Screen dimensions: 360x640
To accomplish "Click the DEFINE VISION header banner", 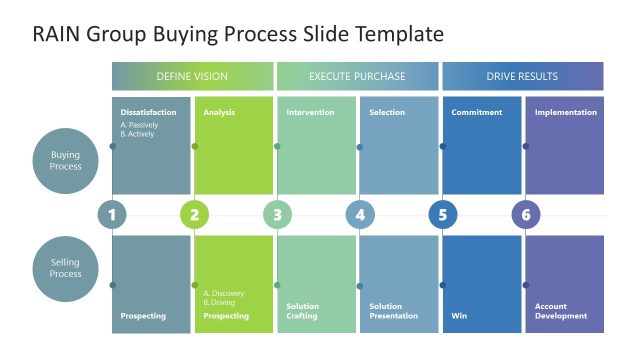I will [192, 76].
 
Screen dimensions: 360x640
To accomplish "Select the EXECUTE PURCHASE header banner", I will [357, 76].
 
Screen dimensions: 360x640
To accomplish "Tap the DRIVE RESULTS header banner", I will [522, 76].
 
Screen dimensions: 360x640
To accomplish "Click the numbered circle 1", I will [112, 215].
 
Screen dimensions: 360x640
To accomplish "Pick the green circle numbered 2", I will [194, 215].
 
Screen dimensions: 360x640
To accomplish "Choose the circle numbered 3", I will [277, 215].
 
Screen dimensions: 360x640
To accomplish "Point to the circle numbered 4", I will [360, 215].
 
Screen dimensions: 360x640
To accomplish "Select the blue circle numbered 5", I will [442, 215].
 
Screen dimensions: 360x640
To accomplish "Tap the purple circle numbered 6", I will [525, 215].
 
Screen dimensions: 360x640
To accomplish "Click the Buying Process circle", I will [66, 160].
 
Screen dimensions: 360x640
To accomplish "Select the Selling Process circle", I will [66, 267].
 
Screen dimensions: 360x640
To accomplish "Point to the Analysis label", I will [219, 113].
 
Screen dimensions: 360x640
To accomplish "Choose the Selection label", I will [387, 113].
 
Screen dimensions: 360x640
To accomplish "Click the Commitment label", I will [476, 113].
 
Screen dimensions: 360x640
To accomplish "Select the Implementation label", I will [565, 113].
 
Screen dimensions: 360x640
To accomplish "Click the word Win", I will [459, 316].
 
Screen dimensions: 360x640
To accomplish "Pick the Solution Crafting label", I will [303, 311].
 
